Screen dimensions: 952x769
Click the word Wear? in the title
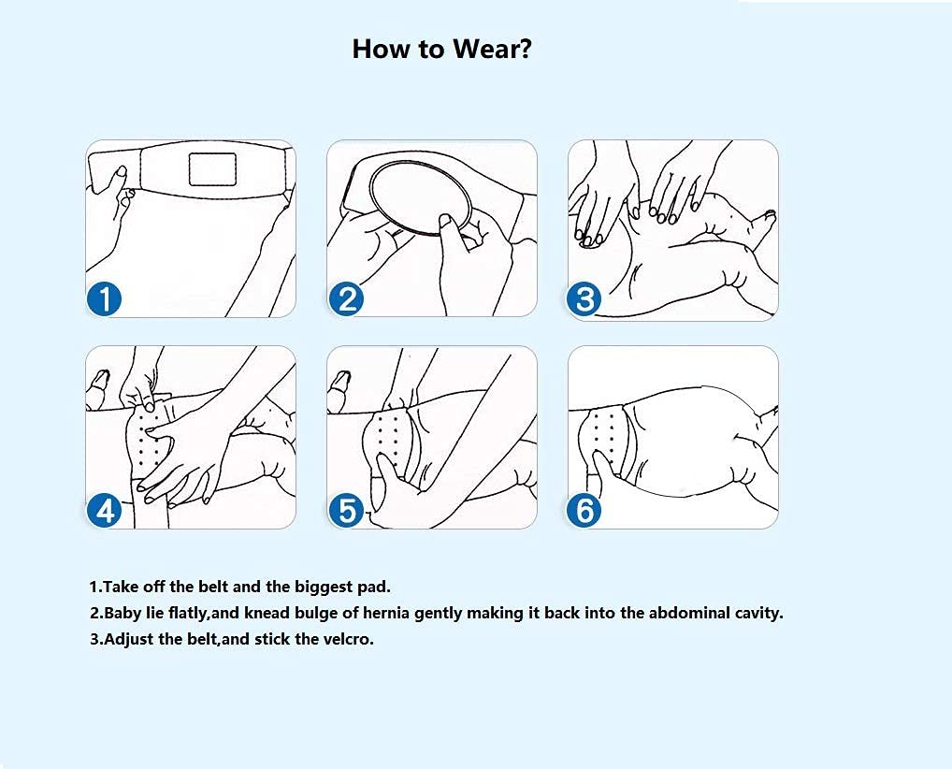493,49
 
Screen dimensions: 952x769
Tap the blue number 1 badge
105,300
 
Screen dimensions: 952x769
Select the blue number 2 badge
346,300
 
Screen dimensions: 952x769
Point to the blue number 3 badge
584,300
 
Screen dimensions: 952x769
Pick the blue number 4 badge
105,510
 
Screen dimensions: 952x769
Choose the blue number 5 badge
346,510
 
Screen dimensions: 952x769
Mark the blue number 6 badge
584,510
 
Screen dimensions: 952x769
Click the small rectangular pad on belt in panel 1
212,169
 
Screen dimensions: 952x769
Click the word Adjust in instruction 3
129,640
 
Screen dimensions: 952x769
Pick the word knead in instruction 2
267,613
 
